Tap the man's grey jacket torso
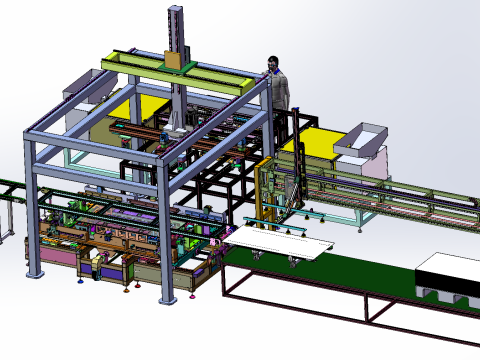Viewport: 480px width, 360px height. click(280, 91)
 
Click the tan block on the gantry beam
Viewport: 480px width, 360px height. click(173, 61)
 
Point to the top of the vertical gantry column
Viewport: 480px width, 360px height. click(176, 10)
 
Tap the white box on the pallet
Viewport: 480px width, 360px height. click(448, 271)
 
